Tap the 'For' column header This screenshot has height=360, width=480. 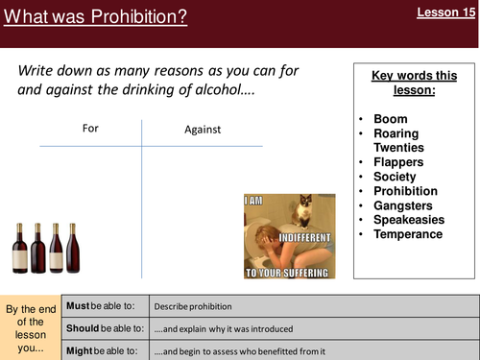tap(88, 128)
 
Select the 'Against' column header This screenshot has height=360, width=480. tap(203, 129)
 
